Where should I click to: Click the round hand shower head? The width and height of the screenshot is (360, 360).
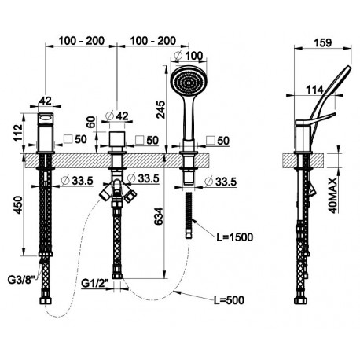pyautogui.click(x=189, y=82)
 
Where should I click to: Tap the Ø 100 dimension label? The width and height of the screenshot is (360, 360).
pyautogui.click(x=189, y=55)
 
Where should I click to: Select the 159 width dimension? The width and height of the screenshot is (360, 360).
pyautogui.click(x=323, y=42)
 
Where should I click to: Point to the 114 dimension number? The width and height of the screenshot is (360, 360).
pyautogui.click(x=314, y=90)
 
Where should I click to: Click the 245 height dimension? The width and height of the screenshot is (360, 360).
pyautogui.click(x=161, y=109)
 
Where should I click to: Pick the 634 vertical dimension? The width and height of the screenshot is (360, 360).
pyautogui.click(x=158, y=216)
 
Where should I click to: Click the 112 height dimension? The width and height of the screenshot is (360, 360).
pyautogui.click(x=18, y=133)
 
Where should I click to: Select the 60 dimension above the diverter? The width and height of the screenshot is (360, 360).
pyautogui.click(x=91, y=122)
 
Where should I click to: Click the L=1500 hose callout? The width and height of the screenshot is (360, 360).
pyautogui.click(x=235, y=237)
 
